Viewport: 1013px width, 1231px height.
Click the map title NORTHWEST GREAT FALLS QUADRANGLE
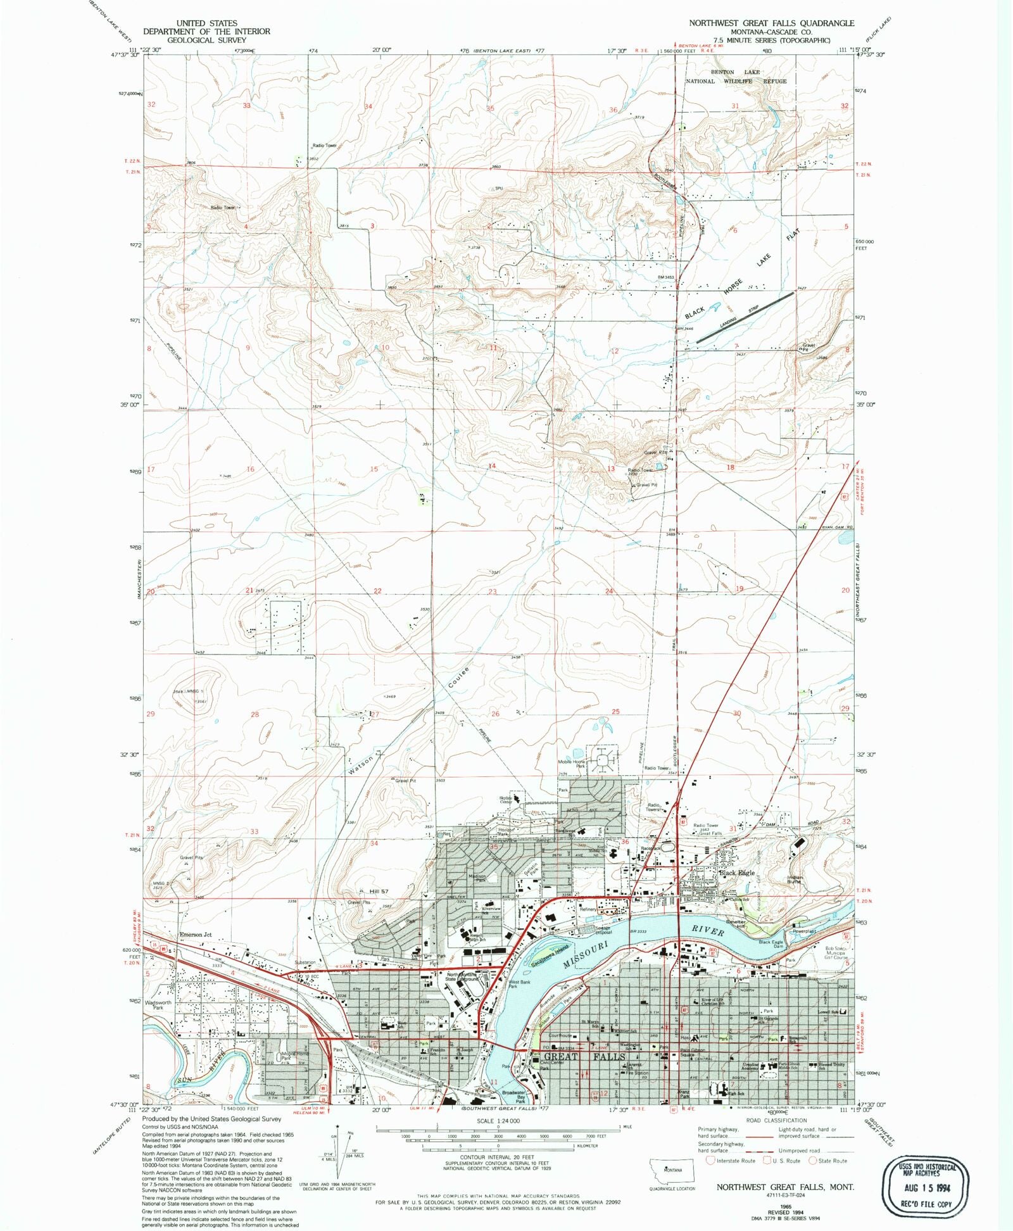[771, 23]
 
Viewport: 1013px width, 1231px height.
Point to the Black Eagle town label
[736, 873]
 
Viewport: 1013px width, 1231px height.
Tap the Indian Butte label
[795, 880]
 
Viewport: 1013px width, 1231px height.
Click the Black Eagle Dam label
[771, 942]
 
